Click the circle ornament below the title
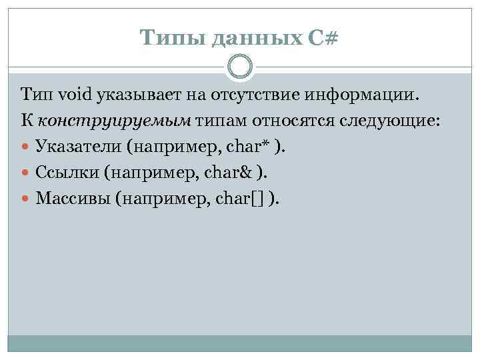click(240, 67)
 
